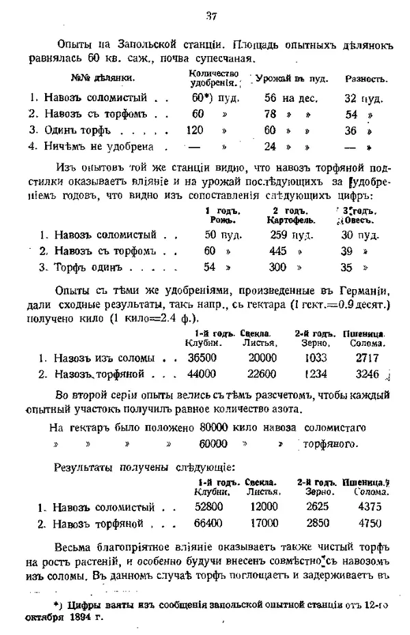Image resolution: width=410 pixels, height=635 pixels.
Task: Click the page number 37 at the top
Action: [x=210, y=16]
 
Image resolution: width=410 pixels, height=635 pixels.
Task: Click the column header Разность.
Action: [x=366, y=79]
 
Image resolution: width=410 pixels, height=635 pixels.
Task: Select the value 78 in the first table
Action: [x=270, y=114]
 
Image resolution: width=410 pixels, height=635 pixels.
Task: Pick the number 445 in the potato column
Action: [x=278, y=251]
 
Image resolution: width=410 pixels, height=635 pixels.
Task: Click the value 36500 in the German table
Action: [x=202, y=357]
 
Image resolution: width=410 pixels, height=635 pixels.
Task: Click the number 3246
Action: [x=366, y=374]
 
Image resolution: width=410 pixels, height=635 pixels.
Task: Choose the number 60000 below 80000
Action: [x=213, y=444]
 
